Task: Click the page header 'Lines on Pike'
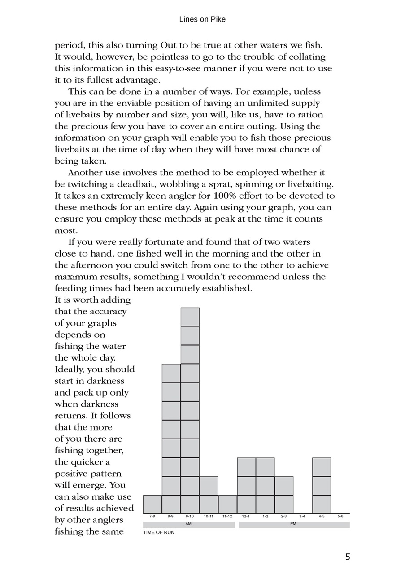(x=202, y=19)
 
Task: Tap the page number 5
(x=348, y=557)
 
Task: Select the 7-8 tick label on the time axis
(x=152, y=517)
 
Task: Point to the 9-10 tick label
(x=190, y=517)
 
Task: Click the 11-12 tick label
(x=227, y=517)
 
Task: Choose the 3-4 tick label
(x=303, y=517)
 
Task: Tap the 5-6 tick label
(x=340, y=517)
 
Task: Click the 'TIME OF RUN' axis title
(x=159, y=533)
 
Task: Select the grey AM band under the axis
(x=188, y=524)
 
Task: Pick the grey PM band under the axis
(x=294, y=524)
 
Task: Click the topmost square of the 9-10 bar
(x=190, y=317)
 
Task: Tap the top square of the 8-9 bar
(x=171, y=373)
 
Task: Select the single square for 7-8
(x=152, y=504)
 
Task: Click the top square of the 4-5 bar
(x=322, y=467)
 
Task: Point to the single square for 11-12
(x=228, y=504)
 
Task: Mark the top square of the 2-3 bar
(x=284, y=486)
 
